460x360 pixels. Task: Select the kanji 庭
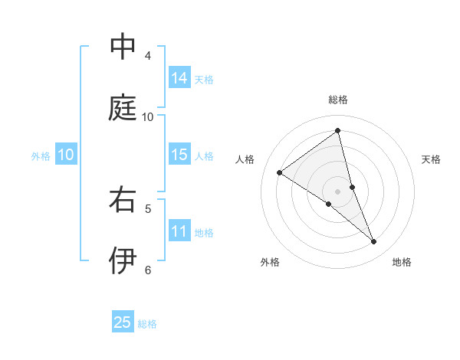tap(123, 107)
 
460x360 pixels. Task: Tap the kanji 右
tap(123, 199)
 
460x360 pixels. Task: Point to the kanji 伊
tap(123, 260)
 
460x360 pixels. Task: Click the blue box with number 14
tap(179, 77)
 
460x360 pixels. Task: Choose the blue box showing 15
tap(179, 155)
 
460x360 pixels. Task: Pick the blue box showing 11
tap(179, 231)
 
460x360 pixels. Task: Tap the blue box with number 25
tap(123, 322)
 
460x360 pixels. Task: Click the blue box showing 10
tap(66, 155)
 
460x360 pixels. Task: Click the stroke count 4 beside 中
tap(148, 55)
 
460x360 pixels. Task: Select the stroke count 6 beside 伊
tap(148, 270)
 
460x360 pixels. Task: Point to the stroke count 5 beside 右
tap(148, 208)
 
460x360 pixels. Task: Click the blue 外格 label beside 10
tap(41, 156)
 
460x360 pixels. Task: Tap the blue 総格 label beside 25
tap(147, 324)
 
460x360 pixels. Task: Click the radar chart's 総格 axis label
tap(338, 100)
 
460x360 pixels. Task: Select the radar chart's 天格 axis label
tap(431, 159)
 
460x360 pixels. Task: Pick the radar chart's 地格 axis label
tap(402, 262)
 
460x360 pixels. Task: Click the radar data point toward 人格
tap(280, 172)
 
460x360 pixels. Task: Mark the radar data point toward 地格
tap(374, 242)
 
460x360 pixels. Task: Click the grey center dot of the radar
tap(338, 191)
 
